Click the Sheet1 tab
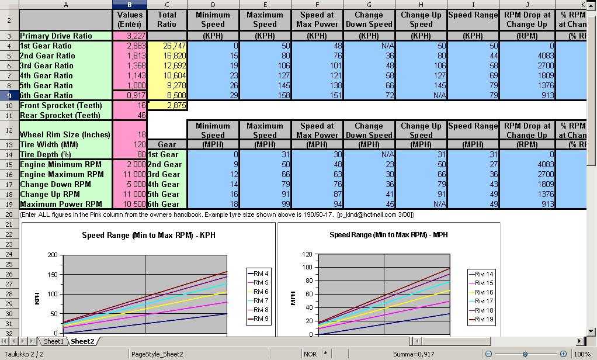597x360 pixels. pos(53,341)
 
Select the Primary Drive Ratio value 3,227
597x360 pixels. pos(130,36)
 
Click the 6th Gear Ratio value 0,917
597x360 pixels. pos(130,95)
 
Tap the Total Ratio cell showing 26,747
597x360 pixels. pos(167,46)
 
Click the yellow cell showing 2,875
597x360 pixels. pos(167,106)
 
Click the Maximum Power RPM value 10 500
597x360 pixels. pos(130,204)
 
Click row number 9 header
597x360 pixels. pos(9,95)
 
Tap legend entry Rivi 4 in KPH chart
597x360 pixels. pos(258,274)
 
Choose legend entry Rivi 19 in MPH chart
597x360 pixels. pos(483,320)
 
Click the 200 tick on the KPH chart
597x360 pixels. pos(53,255)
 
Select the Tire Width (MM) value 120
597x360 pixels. pos(130,144)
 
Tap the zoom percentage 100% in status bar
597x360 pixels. pos(582,354)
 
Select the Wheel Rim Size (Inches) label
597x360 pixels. pos(65,134)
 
